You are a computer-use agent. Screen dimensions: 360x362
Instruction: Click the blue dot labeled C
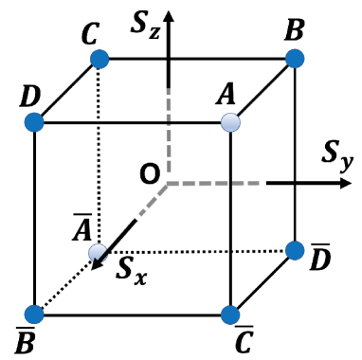[99, 60]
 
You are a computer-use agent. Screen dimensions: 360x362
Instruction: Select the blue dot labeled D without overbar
[35, 122]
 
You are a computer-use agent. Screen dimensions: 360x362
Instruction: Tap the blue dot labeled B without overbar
[294, 60]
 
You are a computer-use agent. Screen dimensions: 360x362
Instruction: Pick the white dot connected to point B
[230, 122]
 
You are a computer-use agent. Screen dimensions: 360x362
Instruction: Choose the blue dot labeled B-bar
[35, 314]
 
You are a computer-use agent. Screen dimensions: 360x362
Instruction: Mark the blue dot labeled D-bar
[294, 251]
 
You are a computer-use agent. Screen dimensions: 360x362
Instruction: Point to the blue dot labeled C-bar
[230, 314]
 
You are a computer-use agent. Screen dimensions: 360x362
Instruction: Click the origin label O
[149, 174]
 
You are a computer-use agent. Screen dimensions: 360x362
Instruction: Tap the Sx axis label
[131, 268]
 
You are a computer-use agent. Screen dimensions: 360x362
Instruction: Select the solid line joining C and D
[66, 91]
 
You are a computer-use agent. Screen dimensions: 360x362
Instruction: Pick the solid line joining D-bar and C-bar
[262, 282]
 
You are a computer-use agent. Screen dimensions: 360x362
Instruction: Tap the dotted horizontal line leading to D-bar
[199, 251]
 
